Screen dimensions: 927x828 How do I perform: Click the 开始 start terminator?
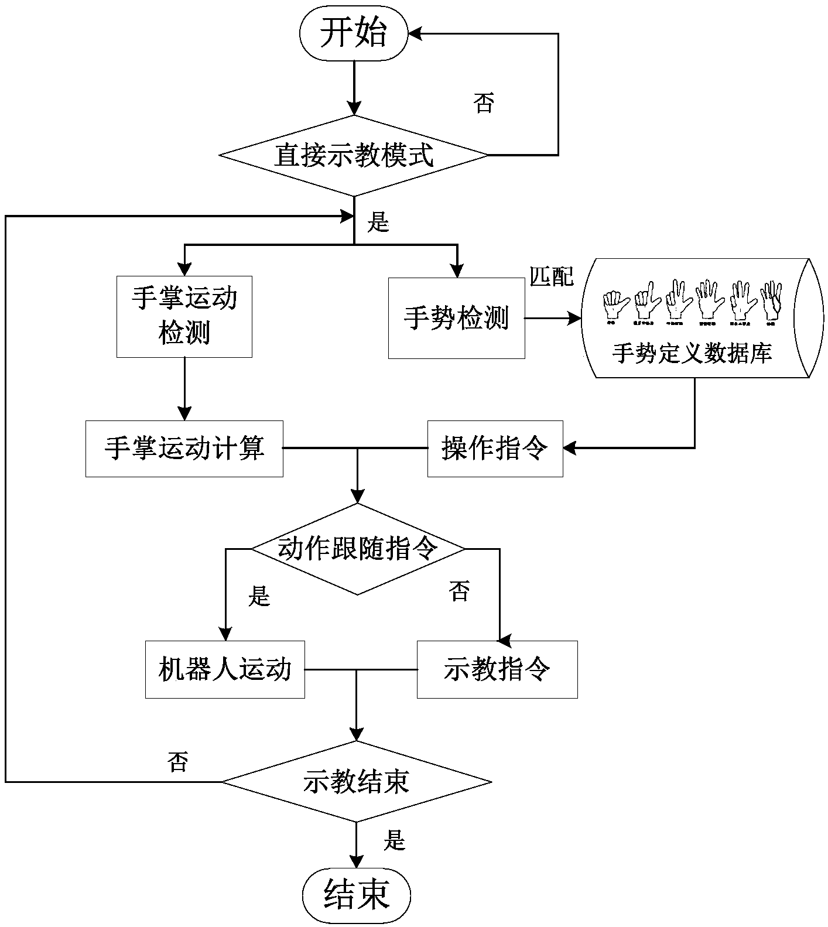pos(353,34)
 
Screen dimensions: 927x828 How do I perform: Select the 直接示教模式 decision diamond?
pos(354,156)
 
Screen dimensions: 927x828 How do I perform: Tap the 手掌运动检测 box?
pos(184,316)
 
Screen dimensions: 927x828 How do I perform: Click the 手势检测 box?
pos(456,317)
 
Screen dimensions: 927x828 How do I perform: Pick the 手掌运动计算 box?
pos(184,449)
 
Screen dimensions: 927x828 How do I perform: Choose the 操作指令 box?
pos(495,449)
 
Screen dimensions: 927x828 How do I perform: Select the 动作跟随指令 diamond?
pos(357,549)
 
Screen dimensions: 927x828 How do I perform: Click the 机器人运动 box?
pos(225,669)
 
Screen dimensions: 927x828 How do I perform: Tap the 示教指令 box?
pos(497,669)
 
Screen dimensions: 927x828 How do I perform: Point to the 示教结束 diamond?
pos(356,782)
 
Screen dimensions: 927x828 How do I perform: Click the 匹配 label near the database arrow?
pos(552,276)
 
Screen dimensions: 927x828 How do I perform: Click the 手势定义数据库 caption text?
pos(692,353)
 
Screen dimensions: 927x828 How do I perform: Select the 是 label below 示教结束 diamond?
pos(395,841)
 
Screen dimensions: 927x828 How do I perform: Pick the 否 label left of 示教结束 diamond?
pos(178,762)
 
